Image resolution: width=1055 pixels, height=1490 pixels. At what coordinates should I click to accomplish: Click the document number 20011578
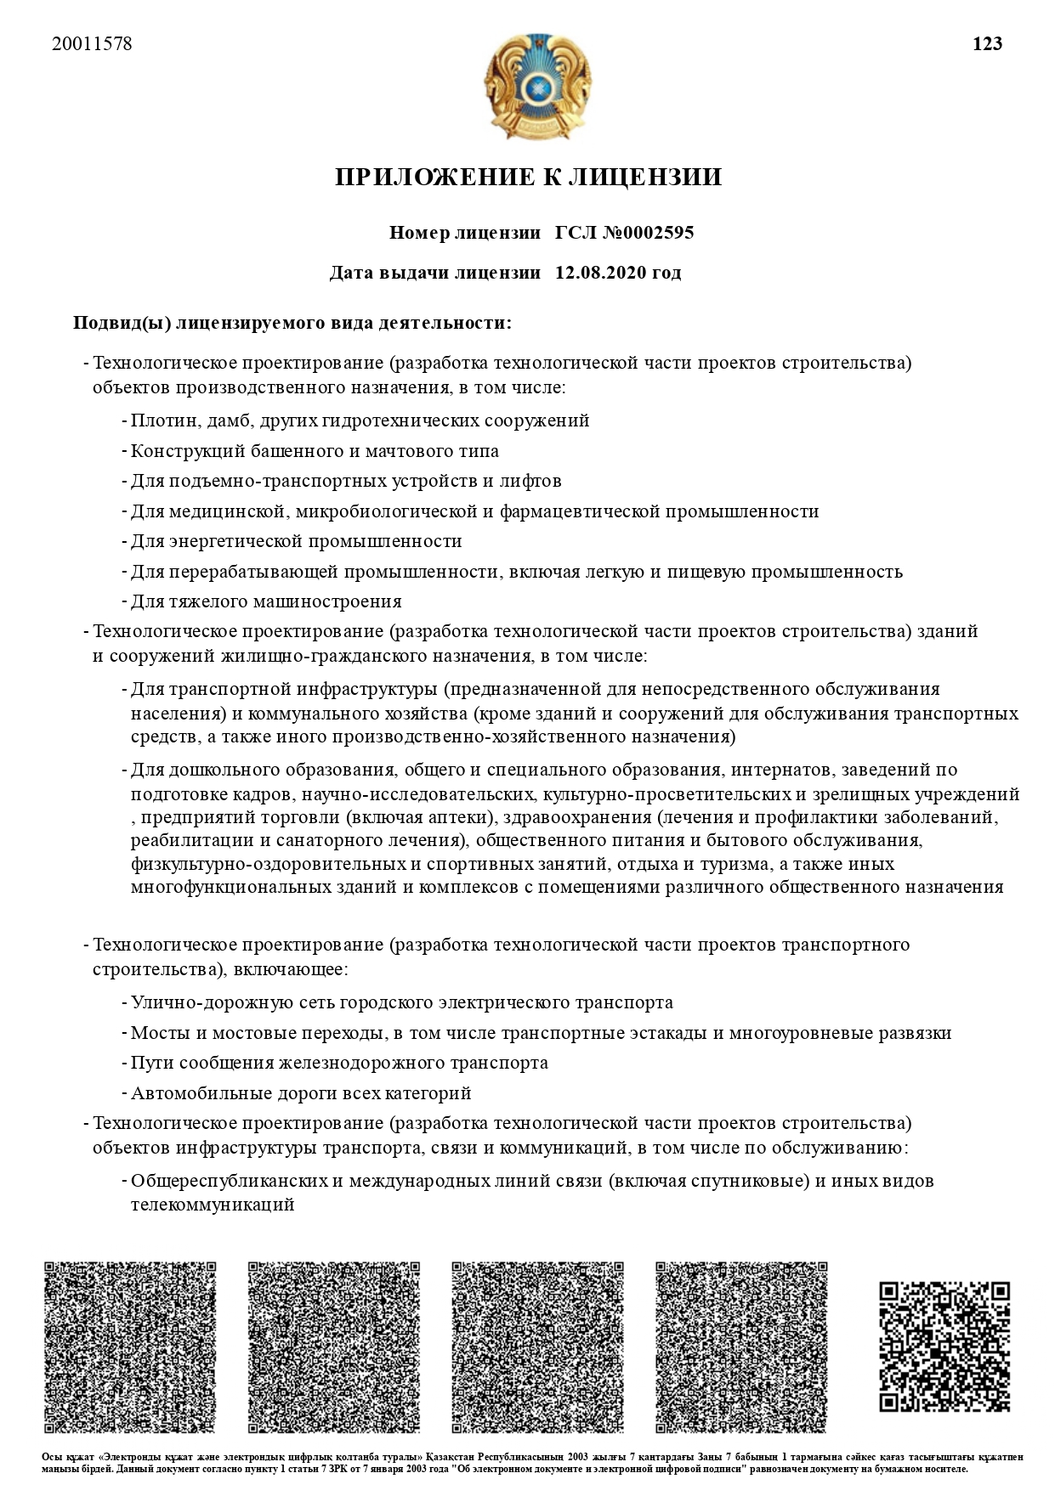(92, 44)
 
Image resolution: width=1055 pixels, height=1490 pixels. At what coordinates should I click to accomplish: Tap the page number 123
(987, 44)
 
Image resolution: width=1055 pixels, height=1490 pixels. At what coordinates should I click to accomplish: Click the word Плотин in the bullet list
(156, 420)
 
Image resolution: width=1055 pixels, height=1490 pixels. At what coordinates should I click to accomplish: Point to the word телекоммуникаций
(213, 1205)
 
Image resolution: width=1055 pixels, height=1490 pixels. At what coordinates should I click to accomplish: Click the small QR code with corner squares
(944, 1346)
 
